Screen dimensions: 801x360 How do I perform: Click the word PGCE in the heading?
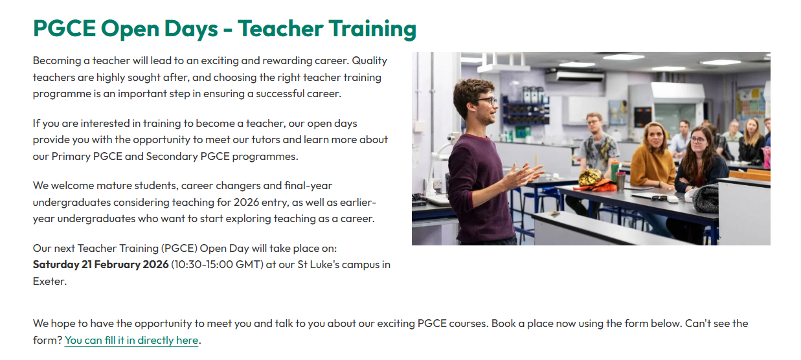click(x=64, y=28)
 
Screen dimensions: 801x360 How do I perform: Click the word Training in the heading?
click(x=372, y=29)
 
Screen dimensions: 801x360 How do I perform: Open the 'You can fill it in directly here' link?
click(x=131, y=341)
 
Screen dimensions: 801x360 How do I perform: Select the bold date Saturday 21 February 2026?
click(x=100, y=265)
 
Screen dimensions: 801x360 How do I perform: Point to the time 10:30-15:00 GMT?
click(x=217, y=265)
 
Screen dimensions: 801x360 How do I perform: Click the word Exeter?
click(x=49, y=282)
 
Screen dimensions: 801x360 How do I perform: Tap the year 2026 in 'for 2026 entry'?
click(x=246, y=203)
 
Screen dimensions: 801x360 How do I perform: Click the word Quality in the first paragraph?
click(x=369, y=61)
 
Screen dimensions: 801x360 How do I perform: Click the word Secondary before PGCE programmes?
click(x=172, y=157)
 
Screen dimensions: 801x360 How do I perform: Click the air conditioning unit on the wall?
click(x=574, y=76)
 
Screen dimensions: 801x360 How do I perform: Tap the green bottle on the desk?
click(x=615, y=171)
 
